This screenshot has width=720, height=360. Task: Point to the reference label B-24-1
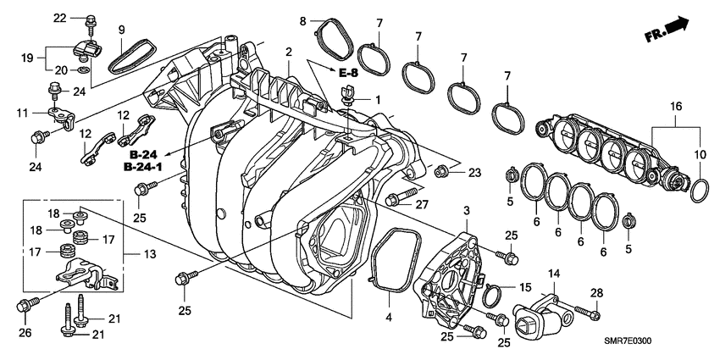[148, 168]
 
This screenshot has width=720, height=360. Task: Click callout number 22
[60, 18]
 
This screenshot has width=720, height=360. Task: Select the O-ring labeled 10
[695, 191]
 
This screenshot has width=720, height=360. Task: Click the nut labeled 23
[441, 173]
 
